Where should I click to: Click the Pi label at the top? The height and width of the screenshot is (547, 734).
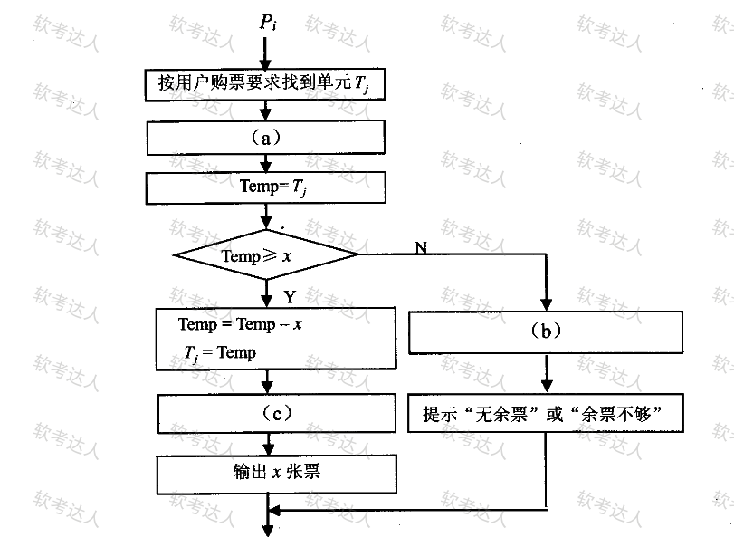[x=268, y=23]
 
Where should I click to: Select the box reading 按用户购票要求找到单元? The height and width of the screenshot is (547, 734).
[x=265, y=85]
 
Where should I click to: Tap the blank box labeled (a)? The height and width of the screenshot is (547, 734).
[x=266, y=138]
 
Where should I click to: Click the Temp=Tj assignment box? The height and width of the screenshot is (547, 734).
[x=266, y=187]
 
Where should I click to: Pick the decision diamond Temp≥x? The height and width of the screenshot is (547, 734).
[x=266, y=254]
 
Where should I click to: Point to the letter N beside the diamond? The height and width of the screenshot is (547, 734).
[x=421, y=247]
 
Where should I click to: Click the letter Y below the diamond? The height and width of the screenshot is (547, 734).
[x=290, y=297]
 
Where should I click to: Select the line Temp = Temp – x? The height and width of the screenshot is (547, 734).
[x=240, y=324]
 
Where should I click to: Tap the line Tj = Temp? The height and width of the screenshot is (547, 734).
[x=220, y=353]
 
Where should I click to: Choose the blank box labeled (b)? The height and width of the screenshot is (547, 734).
[x=546, y=332]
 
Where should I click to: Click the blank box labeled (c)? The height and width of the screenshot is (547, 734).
[x=277, y=413]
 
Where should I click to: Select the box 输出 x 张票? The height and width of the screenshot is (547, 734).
[x=277, y=475]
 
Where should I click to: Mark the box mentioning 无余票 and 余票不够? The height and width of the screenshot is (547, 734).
[x=546, y=413]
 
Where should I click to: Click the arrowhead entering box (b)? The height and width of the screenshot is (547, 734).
[x=547, y=305]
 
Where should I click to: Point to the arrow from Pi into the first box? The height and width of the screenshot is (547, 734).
[x=265, y=53]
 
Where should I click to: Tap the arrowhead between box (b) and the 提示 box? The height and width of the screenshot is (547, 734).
[x=547, y=387]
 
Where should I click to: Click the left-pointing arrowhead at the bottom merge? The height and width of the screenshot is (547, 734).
[x=274, y=510]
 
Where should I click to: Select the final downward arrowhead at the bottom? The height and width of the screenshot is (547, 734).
[x=268, y=531]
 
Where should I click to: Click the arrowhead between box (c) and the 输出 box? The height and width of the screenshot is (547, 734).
[x=269, y=449]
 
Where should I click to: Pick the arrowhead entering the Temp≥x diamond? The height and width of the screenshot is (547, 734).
[x=266, y=224]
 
